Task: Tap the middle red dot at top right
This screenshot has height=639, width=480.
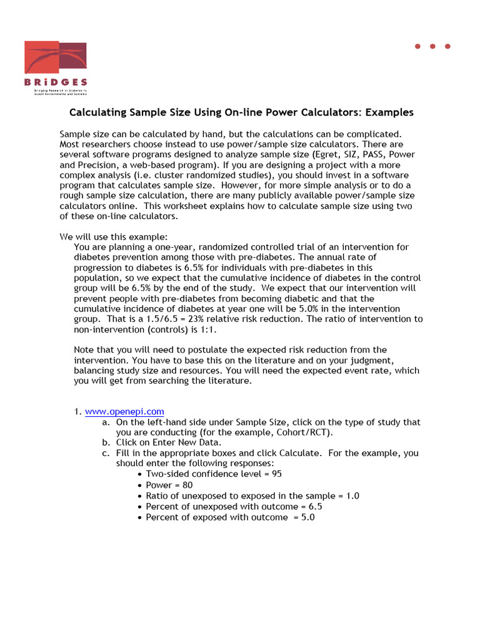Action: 432,46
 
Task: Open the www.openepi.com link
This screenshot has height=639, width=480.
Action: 124,411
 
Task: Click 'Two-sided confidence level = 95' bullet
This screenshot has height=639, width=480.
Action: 214,474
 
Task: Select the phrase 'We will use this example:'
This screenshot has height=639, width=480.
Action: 113,237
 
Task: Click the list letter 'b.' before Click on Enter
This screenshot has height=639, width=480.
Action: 106,442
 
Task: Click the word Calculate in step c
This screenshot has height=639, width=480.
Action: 301,453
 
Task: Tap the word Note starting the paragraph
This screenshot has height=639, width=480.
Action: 85,349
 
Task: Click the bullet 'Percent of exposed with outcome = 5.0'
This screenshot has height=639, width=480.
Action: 230,517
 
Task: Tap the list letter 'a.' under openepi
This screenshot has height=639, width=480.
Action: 106,422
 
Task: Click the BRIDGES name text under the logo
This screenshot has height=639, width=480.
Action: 56,82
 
